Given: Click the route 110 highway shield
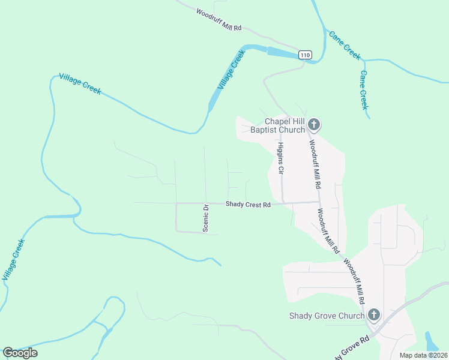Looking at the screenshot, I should [306, 55].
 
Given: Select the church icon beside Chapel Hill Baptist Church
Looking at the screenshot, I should [314, 125].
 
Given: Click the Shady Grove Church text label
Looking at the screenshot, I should [327, 316].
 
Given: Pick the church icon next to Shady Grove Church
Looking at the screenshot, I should [373, 315].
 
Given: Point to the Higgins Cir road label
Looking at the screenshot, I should [280, 158].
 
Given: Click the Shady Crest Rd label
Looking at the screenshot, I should [248, 205].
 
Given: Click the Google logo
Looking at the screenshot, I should [20, 352].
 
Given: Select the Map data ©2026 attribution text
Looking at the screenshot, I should [423, 355].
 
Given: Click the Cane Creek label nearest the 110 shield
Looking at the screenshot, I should [345, 45].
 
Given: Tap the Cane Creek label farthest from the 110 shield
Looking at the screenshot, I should [363, 90].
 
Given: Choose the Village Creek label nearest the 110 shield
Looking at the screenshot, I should [231, 71].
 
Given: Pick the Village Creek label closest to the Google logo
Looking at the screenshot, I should [13, 260].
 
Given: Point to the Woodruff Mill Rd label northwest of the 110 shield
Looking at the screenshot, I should [218, 19].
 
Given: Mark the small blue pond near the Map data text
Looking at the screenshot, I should [431, 341].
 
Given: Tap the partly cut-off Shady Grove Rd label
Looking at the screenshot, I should [351, 350].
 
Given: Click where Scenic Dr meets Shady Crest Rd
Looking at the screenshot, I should [205, 203].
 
